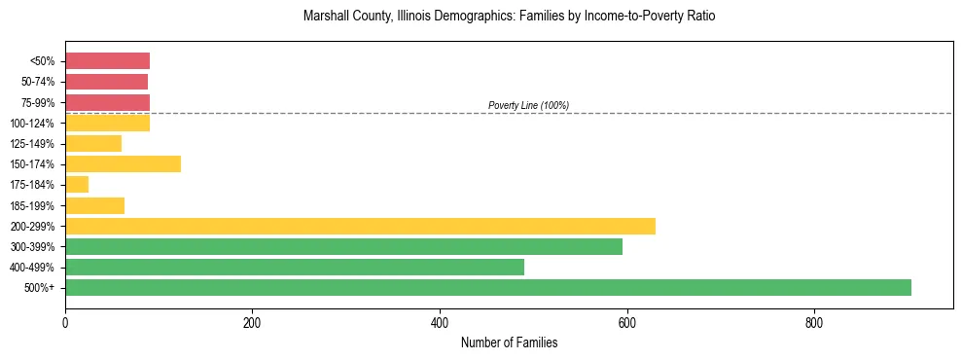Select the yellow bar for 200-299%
point(360,226)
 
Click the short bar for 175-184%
point(77,184)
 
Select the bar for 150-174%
point(123,163)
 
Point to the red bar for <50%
point(107,61)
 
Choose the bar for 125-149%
point(93,143)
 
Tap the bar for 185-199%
point(94,205)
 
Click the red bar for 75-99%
point(107,102)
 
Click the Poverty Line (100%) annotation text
point(528,105)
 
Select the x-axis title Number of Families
point(509,342)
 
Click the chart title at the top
point(509,17)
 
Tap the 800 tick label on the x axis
point(814,322)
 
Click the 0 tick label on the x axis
point(65,322)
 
